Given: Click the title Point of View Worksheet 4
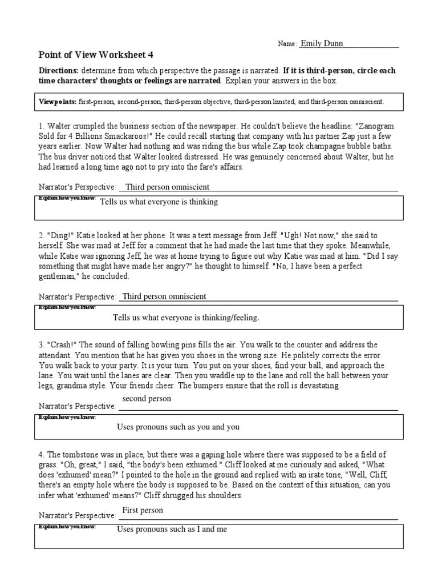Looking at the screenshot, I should (x=96, y=55).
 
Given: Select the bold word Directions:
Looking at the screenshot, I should (x=58, y=70).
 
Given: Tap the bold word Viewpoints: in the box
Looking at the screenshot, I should (x=57, y=101).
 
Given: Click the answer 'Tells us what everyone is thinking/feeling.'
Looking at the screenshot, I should (x=186, y=318).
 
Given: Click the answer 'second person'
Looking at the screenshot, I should (x=147, y=399).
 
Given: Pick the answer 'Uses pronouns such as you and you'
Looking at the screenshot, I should (x=178, y=427).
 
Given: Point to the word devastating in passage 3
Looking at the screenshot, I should (x=317, y=386).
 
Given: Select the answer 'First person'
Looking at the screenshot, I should (x=143, y=510).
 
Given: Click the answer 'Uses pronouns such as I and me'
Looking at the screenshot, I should (x=172, y=529).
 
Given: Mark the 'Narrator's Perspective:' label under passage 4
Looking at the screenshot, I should (x=77, y=515).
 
